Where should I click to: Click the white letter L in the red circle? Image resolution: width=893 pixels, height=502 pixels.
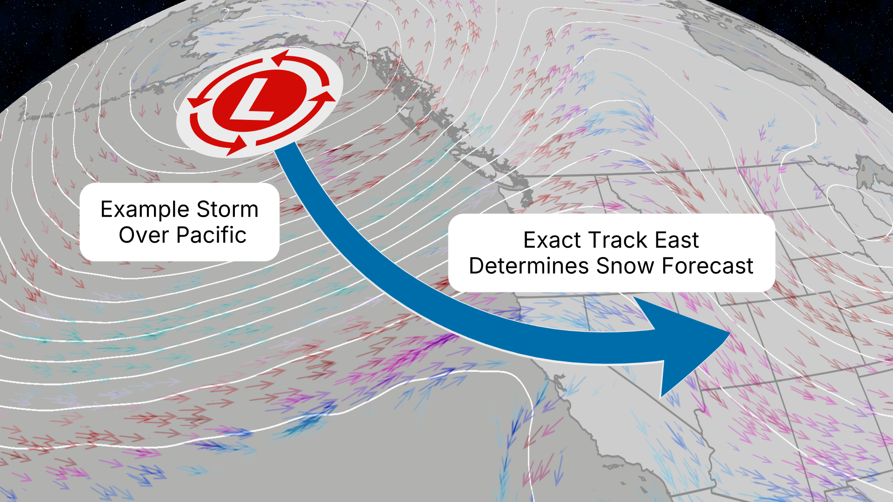(253, 100)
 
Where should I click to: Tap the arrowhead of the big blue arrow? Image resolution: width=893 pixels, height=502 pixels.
(693, 346)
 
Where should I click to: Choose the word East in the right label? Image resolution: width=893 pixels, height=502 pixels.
(677, 240)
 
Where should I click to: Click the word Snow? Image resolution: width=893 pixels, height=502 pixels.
(626, 266)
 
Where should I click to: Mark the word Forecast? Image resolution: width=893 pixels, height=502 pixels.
(707, 266)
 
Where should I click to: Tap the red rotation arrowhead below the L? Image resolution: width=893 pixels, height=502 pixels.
(237, 145)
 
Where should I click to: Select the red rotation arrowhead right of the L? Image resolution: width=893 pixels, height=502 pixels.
(326, 96)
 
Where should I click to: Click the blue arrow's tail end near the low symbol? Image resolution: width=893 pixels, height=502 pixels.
(286, 151)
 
